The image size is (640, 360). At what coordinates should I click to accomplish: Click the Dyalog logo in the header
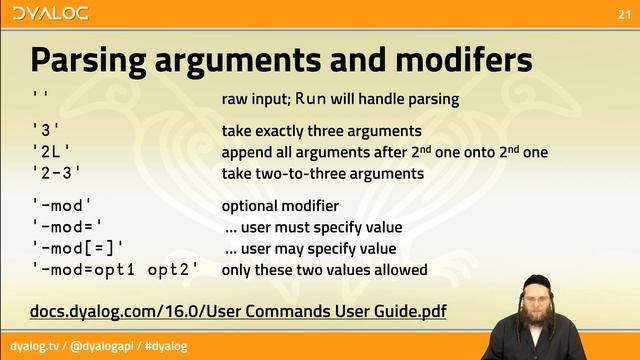point(47,13)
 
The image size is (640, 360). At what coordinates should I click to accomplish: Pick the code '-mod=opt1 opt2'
point(115,270)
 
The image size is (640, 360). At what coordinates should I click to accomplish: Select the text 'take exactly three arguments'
point(321,131)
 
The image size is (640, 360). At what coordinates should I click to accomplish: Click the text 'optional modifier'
point(280,206)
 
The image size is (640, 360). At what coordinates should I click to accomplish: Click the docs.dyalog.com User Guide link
point(239,312)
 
